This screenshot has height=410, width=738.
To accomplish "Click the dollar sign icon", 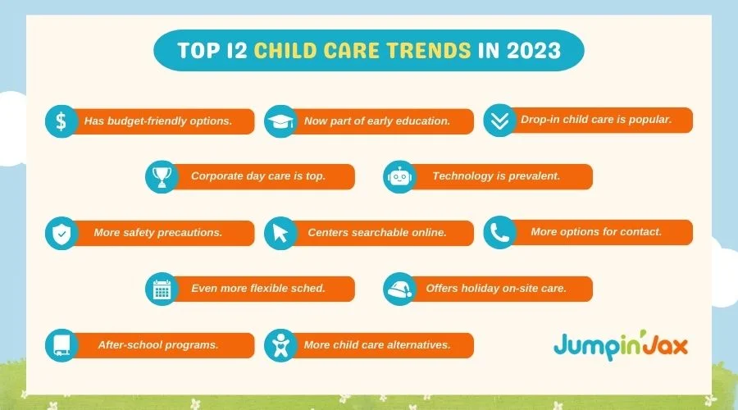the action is click(x=61, y=121).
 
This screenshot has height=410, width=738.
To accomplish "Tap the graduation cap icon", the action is click(x=280, y=121).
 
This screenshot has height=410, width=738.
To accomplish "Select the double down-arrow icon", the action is click(x=499, y=121).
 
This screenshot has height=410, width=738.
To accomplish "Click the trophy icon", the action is click(x=162, y=177).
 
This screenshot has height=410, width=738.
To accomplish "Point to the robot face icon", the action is click(x=399, y=177).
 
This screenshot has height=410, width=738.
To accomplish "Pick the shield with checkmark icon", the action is click(x=61, y=234).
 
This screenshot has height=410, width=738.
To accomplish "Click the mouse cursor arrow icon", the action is click(x=280, y=233).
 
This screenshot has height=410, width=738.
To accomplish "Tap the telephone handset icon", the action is click(x=499, y=232).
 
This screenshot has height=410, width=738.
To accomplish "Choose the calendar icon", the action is click(x=162, y=289).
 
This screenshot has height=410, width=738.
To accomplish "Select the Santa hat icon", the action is click(x=399, y=289).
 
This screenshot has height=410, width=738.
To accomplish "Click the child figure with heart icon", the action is click(x=280, y=346).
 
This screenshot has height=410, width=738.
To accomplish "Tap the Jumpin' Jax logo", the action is click(x=621, y=345).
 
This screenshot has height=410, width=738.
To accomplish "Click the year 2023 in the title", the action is click(x=534, y=50).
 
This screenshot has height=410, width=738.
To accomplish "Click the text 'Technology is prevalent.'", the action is click(x=496, y=176).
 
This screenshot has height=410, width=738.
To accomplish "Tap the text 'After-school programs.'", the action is click(x=158, y=345).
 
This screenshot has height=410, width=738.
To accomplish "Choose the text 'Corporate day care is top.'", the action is click(x=258, y=176).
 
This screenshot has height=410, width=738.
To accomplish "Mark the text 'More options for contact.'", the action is click(x=596, y=231).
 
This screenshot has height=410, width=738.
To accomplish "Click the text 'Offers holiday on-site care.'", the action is click(x=496, y=288).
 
